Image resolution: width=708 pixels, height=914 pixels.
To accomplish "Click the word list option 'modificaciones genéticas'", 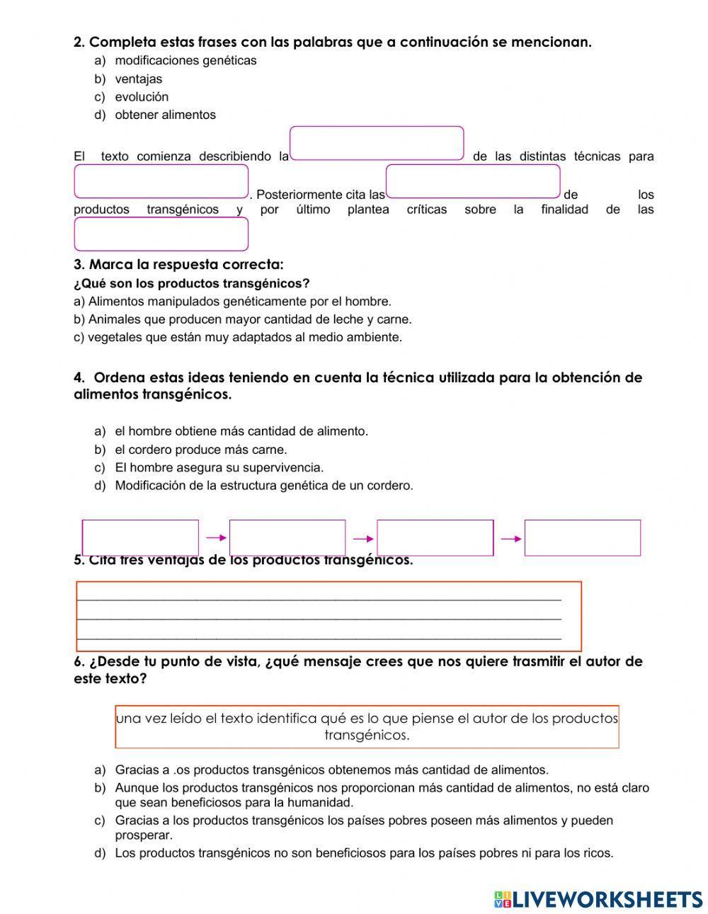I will click(x=185, y=61).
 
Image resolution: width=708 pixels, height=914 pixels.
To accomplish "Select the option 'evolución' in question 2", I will click(x=142, y=97).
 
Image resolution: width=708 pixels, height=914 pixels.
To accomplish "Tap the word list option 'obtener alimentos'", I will click(x=165, y=115).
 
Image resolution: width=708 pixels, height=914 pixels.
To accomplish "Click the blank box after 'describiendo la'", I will click(x=377, y=144).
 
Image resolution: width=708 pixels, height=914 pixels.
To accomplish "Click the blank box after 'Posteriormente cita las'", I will click(x=473, y=181).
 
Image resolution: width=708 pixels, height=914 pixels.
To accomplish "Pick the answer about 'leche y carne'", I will click(x=242, y=319).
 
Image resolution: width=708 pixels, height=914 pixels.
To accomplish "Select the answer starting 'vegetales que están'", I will click(x=237, y=338).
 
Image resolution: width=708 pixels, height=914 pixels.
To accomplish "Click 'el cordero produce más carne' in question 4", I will click(x=200, y=450).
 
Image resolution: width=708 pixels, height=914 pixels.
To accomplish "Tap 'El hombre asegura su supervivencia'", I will click(x=219, y=468).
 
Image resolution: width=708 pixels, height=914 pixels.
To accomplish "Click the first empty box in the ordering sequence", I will click(x=140, y=538).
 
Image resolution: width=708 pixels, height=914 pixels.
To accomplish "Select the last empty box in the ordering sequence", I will click(x=582, y=538).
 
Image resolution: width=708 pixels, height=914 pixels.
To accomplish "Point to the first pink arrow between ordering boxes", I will click(x=215, y=539).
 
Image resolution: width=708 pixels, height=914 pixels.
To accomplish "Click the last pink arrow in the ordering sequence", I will click(x=510, y=539).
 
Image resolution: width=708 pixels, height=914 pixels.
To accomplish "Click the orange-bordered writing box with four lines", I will click(x=329, y=616).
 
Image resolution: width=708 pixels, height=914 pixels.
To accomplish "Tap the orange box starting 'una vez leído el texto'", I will click(x=367, y=726).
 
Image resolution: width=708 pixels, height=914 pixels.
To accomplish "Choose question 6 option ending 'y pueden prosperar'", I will click(x=364, y=828).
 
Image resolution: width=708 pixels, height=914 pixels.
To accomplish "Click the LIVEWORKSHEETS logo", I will click(x=598, y=898).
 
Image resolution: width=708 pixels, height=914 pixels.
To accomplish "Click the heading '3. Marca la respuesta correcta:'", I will click(x=178, y=265).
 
